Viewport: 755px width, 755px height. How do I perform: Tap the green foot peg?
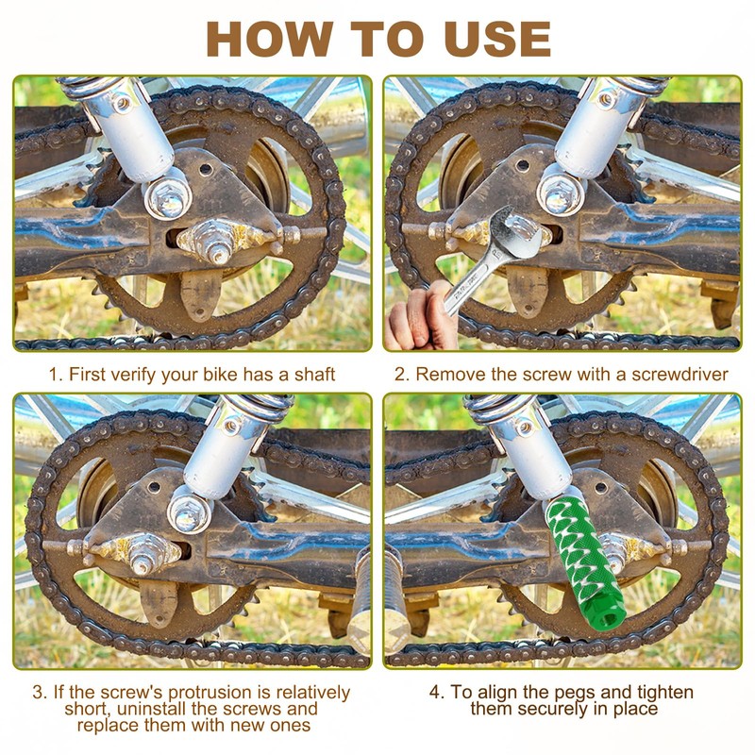(x=584, y=564)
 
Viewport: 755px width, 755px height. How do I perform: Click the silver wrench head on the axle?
(x=517, y=233)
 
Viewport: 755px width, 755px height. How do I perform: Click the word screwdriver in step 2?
(x=679, y=374)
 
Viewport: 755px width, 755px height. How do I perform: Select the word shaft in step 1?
(x=314, y=374)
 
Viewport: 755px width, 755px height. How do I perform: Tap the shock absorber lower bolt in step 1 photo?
(x=167, y=196)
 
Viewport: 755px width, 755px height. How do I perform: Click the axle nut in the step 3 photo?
(x=143, y=555)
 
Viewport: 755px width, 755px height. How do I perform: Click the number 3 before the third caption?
(x=39, y=693)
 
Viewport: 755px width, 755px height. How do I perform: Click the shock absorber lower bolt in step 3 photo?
(x=190, y=512)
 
